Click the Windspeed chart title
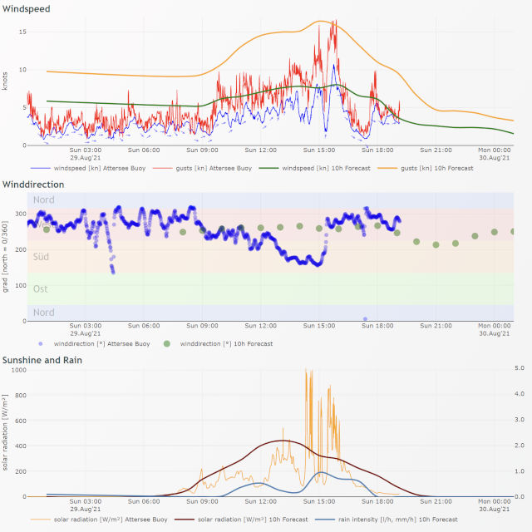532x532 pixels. tap(27, 9)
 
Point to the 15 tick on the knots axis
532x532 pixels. tap(22, 32)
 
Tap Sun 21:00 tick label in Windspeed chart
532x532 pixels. tap(436, 150)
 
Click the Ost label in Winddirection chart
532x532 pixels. tap(41, 288)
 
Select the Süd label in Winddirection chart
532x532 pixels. tap(41, 257)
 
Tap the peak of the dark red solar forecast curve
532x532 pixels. tap(283, 441)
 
